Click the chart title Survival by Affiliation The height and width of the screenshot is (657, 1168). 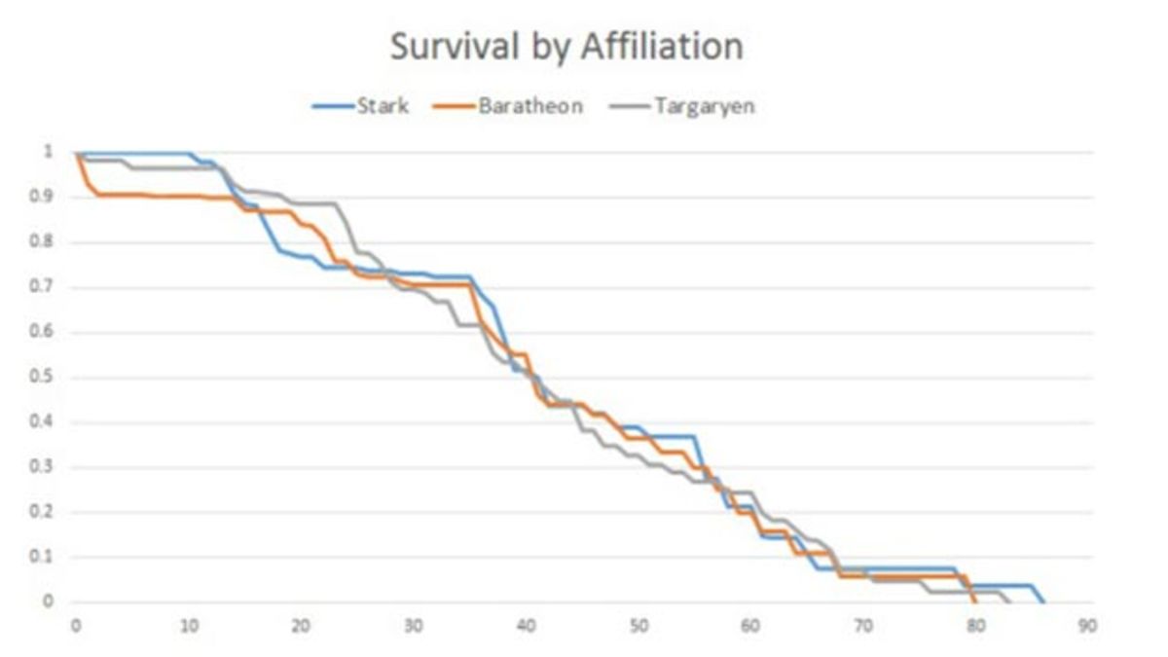566,47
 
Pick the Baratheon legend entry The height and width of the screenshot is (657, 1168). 529,106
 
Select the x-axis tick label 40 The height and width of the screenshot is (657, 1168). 526,626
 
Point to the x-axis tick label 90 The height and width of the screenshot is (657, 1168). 1088,626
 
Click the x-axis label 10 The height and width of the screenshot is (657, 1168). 188,626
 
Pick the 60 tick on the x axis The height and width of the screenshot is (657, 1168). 750,626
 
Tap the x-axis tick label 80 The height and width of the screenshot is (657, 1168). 975,626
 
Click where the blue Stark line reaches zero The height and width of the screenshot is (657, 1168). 1043,602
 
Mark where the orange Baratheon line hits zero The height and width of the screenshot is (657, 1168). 975,602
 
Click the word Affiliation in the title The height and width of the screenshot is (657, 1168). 662,47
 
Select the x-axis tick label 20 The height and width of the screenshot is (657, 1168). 301,626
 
